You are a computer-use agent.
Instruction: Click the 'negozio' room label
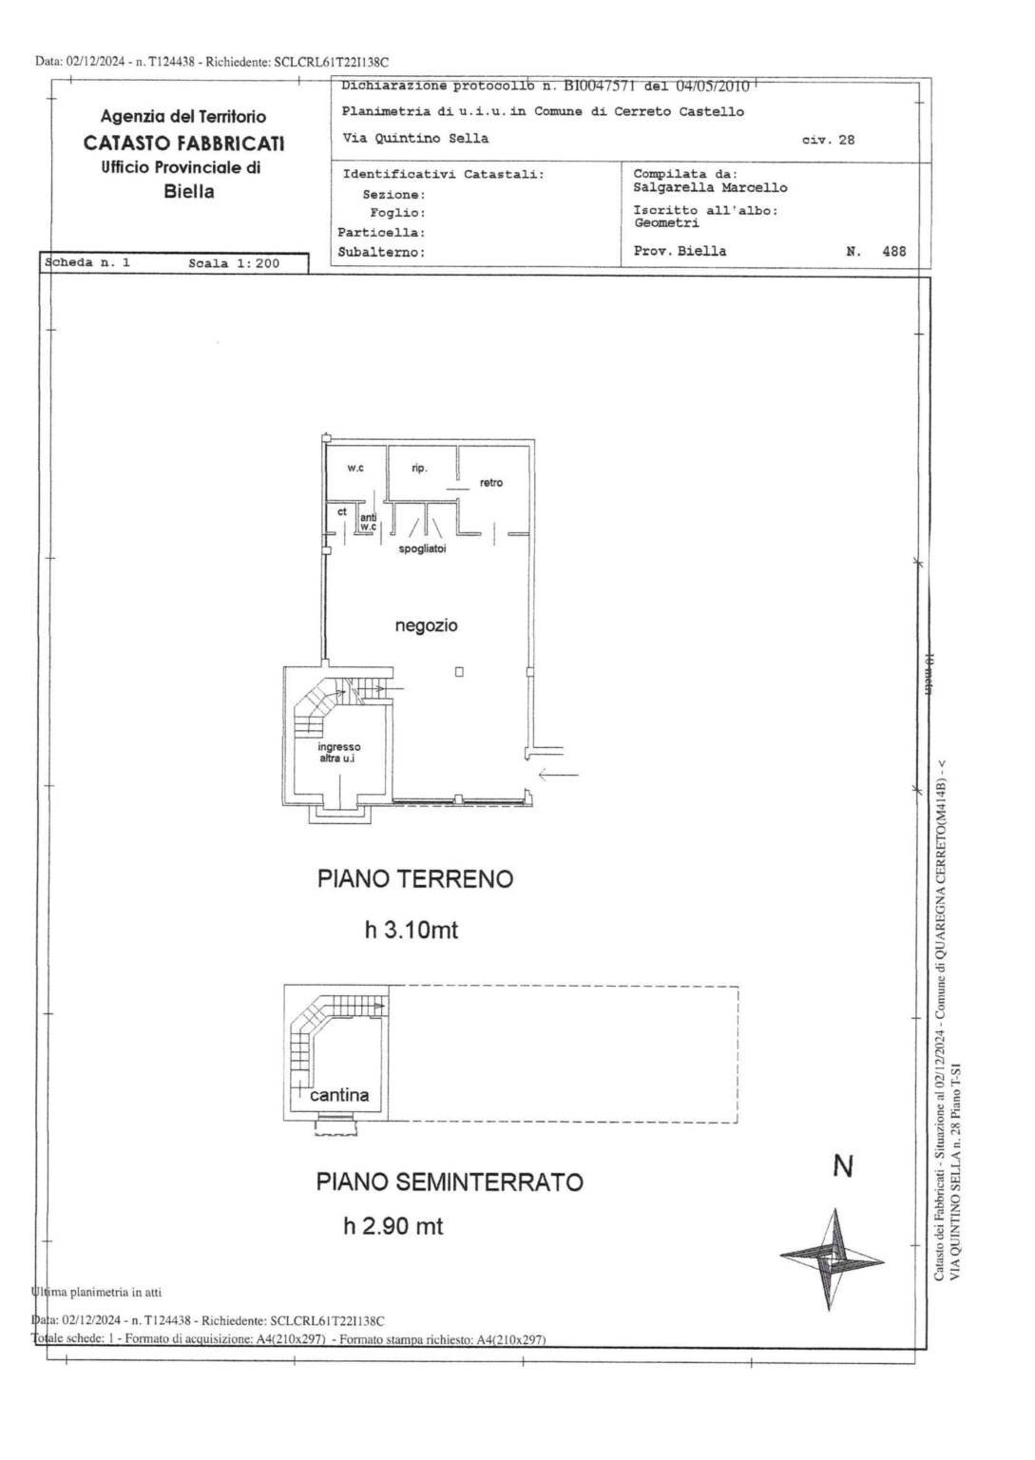click(426, 625)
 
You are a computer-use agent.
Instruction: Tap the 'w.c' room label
click(355, 468)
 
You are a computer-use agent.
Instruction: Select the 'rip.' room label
click(419, 468)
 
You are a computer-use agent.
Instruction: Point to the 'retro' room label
click(490, 483)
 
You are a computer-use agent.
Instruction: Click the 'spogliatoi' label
click(422, 549)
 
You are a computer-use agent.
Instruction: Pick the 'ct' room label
click(342, 511)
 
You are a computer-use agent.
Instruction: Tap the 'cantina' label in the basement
click(339, 1095)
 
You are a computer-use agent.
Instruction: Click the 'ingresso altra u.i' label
click(339, 752)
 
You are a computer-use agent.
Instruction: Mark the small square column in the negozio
click(459, 672)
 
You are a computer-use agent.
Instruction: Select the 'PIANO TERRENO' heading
click(414, 878)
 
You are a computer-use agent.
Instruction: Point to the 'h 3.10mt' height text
click(411, 930)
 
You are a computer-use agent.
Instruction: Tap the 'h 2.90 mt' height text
click(393, 1226)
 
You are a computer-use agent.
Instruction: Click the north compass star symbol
click(832, 1258)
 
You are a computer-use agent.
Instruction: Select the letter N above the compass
click(842, 1166)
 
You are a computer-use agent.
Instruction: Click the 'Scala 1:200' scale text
click(234, 263)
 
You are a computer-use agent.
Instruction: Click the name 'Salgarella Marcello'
click(710, 187)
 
